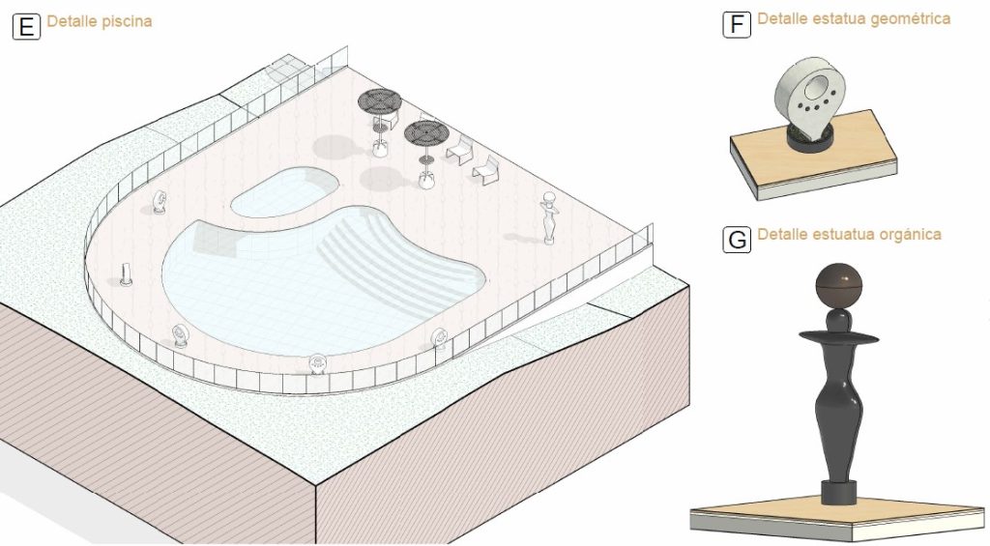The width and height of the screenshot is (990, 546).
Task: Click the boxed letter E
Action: point(26,27)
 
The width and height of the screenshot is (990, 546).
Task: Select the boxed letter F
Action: point(737,24)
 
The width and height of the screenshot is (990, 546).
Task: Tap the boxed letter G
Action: point(737,240)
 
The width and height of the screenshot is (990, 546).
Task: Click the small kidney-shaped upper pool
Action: point(284,191)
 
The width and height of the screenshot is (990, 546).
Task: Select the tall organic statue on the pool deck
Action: point(549,218)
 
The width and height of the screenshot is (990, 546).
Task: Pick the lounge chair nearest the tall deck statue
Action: point(486,170)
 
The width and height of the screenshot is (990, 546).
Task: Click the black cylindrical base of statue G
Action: point(838,492)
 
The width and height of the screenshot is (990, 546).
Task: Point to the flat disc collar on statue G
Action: point(838,337)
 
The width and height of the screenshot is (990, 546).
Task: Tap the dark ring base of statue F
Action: point(809,139)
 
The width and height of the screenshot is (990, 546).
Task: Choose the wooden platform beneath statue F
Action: point(814,155)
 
